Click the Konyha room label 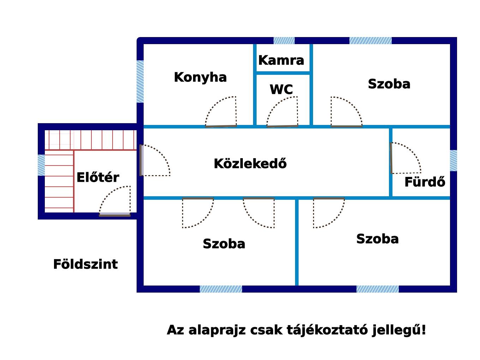(x=200, y=77)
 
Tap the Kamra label (x=281, y=60)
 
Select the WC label (x=281, y=89)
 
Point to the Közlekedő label (x=250, y=163)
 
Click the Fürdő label (x=425, y=181)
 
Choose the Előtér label (x=98, y=177)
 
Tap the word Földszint (x=85, y=264)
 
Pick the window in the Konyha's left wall (x=140, y=82)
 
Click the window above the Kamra (x=284, y=41)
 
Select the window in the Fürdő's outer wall (x=454, y=161)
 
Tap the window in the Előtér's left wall (x=41, y=165)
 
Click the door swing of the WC (x=282, y=112)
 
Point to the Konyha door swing (x=221, y=112)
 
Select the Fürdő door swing (x=406, y=158)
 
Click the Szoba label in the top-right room (x=389, y=84)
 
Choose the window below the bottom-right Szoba (x=377, y=289)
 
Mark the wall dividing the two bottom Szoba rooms (x=297, y=242)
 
